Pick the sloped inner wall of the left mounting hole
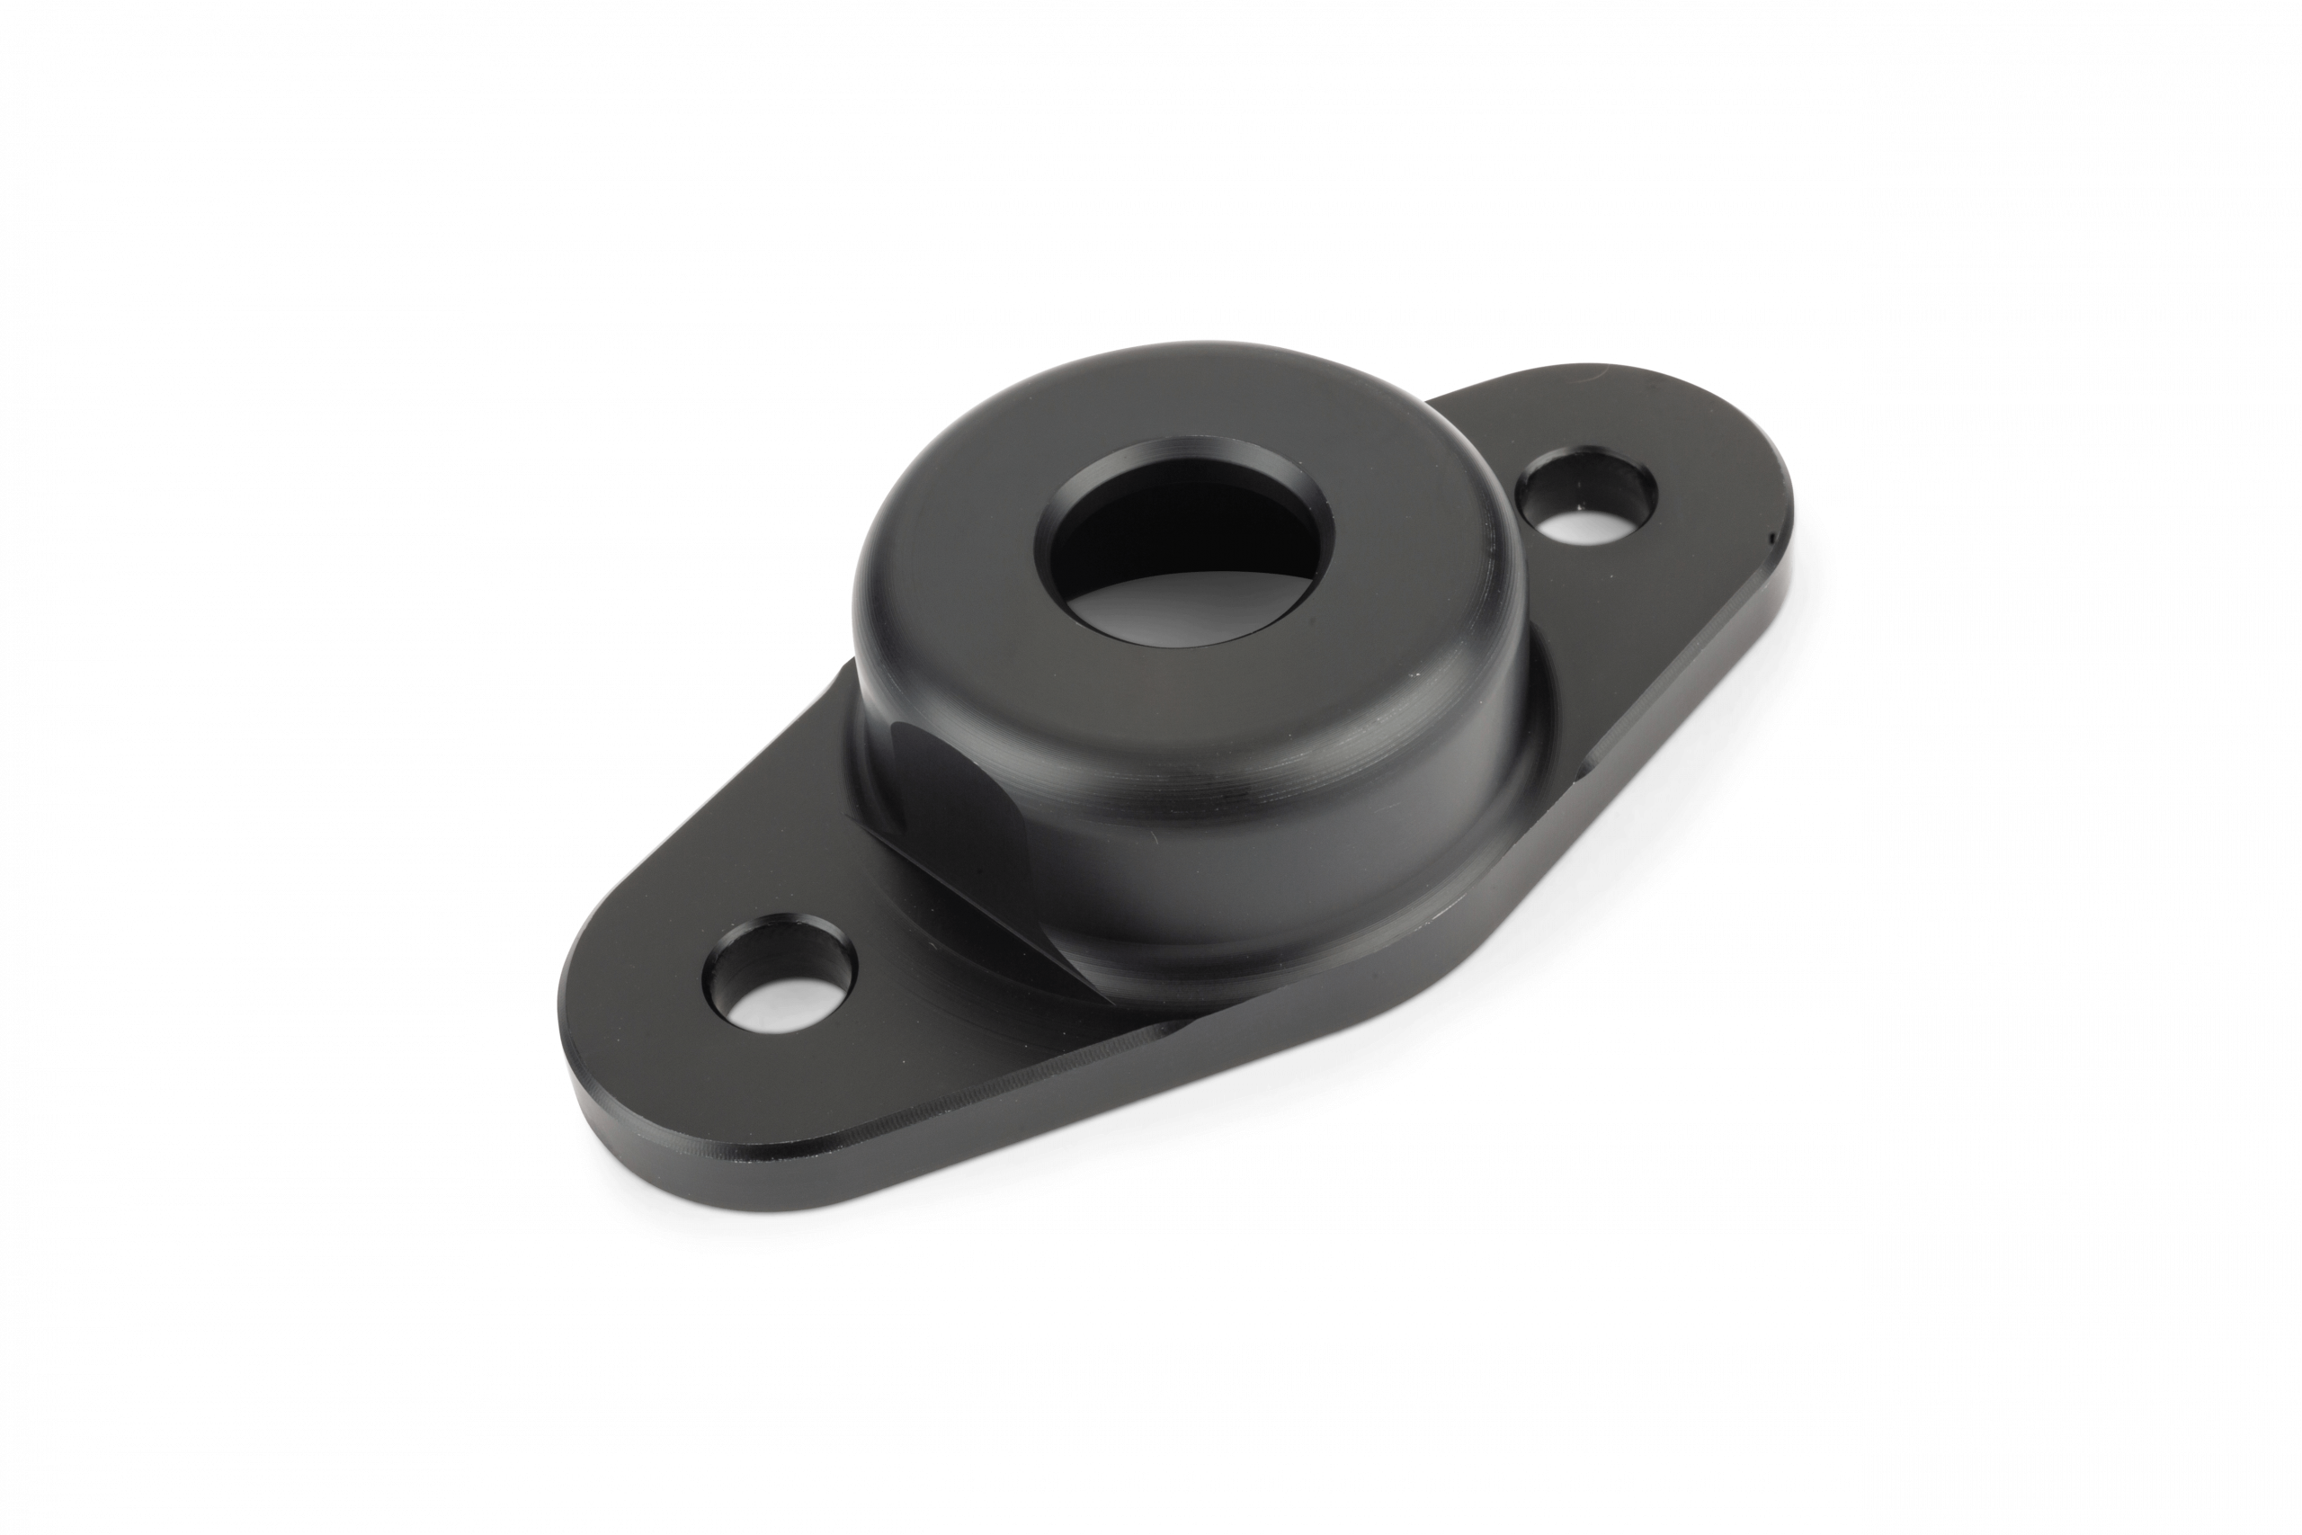pos(744,964)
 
